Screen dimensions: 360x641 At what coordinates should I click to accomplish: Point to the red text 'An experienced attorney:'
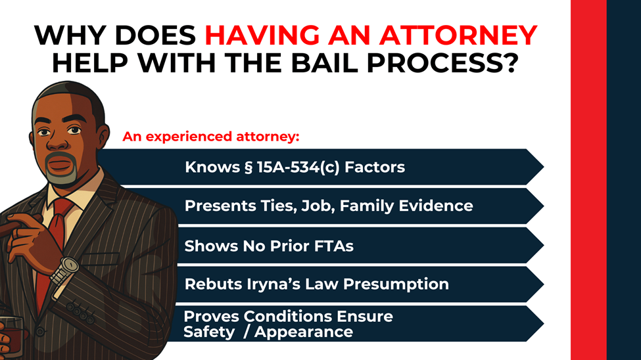(210, 137)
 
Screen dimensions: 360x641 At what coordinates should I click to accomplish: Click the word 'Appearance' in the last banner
(303, 332)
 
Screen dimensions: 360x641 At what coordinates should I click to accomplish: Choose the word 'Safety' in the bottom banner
(208, 332)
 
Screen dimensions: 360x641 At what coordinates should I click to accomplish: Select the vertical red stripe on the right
(588, 180)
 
